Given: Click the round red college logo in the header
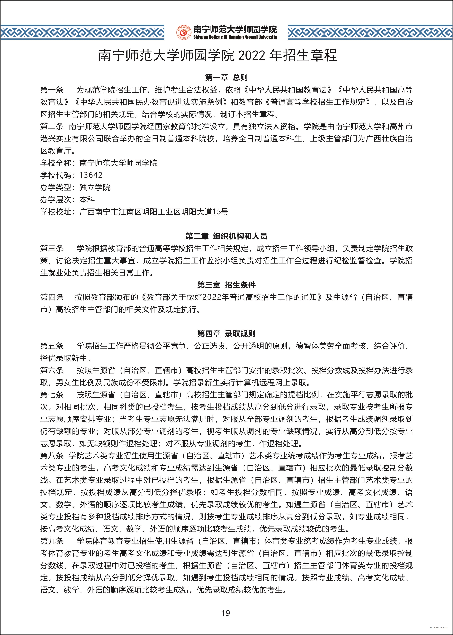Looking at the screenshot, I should pos(184,32).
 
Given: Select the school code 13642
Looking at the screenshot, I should pos(91,175).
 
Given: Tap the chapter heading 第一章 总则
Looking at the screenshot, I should pos(226,77).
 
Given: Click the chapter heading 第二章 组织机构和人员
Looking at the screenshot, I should pos(226,236).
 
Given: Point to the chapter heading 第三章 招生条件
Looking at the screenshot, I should pos(226,285).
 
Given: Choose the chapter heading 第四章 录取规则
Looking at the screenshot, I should pos(226,334).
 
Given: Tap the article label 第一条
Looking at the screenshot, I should pos(52,90).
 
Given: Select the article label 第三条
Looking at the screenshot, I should pos(52,248).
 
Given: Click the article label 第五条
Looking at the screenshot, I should pos(52,346).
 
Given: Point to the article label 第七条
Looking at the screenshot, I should pos(52,395).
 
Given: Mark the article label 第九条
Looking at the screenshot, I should pos(52,541).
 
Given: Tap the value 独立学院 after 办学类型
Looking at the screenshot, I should pos(95,187).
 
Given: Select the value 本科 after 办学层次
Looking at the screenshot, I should pos(87,200).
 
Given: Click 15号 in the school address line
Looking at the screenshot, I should pos(220,212).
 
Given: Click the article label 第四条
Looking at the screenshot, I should pos(52,297).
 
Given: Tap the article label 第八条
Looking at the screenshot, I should pos(52,456).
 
